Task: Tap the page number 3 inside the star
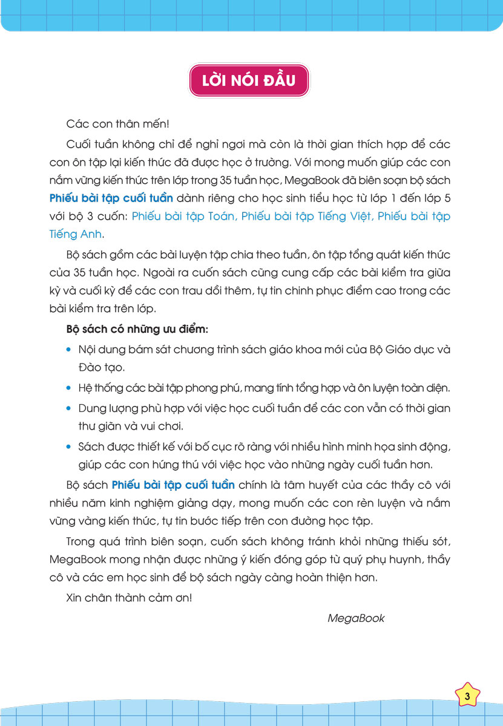(467, 696)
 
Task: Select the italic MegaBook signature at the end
(356, 618)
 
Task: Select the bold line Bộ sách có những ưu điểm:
(137, 330)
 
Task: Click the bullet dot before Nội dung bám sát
(70, 350)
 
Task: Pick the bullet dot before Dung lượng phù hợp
(70, 408)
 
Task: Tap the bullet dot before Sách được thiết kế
(70, 447)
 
